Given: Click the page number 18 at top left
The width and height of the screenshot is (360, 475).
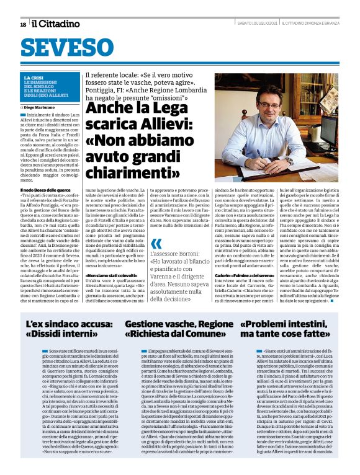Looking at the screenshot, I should pyautogui.click(x=23, y=24).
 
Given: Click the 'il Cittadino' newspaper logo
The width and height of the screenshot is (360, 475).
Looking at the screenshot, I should pyautogui.click(x=56, y=24).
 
